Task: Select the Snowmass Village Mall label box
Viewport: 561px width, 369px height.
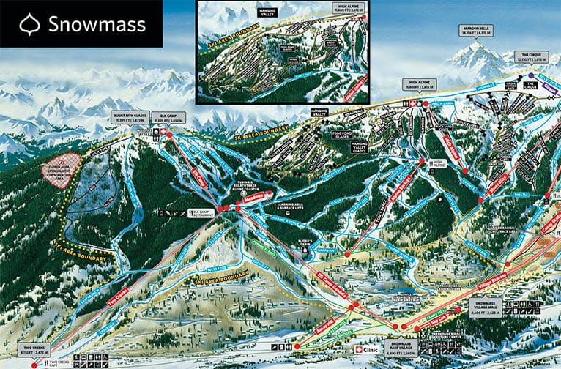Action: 486,303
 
